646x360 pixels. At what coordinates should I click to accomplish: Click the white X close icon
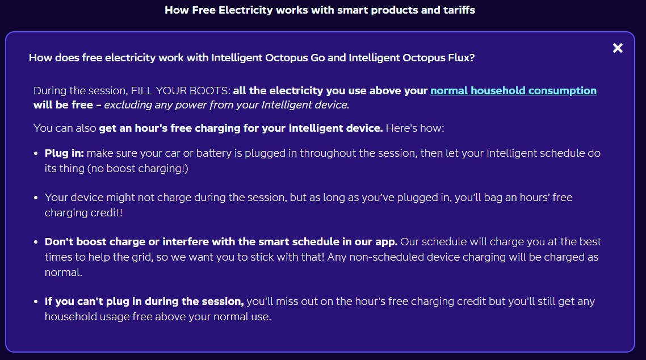[618, 48]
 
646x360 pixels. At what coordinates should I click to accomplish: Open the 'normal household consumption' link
[513, 91]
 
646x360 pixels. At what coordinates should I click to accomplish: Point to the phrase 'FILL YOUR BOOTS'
[179, 91]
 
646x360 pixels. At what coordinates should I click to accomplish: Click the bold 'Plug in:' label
[64, 153]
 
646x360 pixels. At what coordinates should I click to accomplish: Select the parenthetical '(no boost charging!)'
[137, 169]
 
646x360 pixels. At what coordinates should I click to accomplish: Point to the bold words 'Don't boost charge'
[95, 242]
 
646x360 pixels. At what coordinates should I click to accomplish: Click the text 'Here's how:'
[415, 128]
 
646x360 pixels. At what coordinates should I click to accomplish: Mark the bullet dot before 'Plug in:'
[36, 154]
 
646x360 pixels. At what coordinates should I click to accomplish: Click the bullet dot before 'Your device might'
[36, 198]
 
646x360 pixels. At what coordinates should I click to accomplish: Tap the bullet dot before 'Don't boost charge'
[36, 242]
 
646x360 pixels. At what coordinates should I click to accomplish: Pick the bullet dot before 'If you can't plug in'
[36, 302]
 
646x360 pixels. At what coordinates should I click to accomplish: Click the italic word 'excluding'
[128, 105]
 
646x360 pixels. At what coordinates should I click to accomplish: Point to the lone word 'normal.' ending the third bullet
[64, 273]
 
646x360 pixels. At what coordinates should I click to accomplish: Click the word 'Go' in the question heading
[318, 58]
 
